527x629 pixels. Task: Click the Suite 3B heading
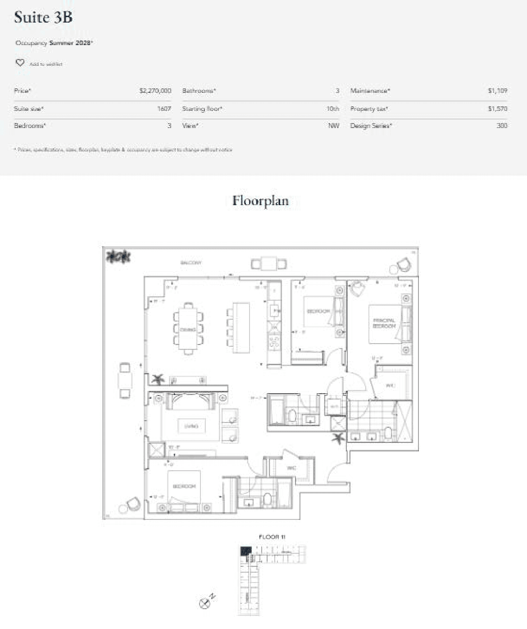point(43,18)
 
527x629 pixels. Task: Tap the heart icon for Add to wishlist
point(20,63)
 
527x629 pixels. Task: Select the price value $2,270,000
point(155,91)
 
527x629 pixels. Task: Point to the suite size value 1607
point(164,109)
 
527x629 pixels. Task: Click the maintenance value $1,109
point(497,91)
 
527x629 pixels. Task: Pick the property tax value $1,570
point(497,109)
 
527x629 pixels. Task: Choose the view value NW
point(333,126)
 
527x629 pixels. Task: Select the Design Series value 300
point(502,126)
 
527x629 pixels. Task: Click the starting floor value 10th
point(332,109)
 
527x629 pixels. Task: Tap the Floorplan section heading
point(260,201)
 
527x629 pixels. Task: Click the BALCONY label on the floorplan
point(191,262)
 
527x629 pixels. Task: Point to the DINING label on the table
point(188,330)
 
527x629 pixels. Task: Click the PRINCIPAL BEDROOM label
point(384,323)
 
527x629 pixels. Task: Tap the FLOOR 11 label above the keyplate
point(272,537)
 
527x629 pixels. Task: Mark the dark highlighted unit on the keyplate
point(245,551)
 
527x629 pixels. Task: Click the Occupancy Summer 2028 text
point(54,43)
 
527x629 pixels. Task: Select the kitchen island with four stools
point(241,327)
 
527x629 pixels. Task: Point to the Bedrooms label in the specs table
point(30,126)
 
